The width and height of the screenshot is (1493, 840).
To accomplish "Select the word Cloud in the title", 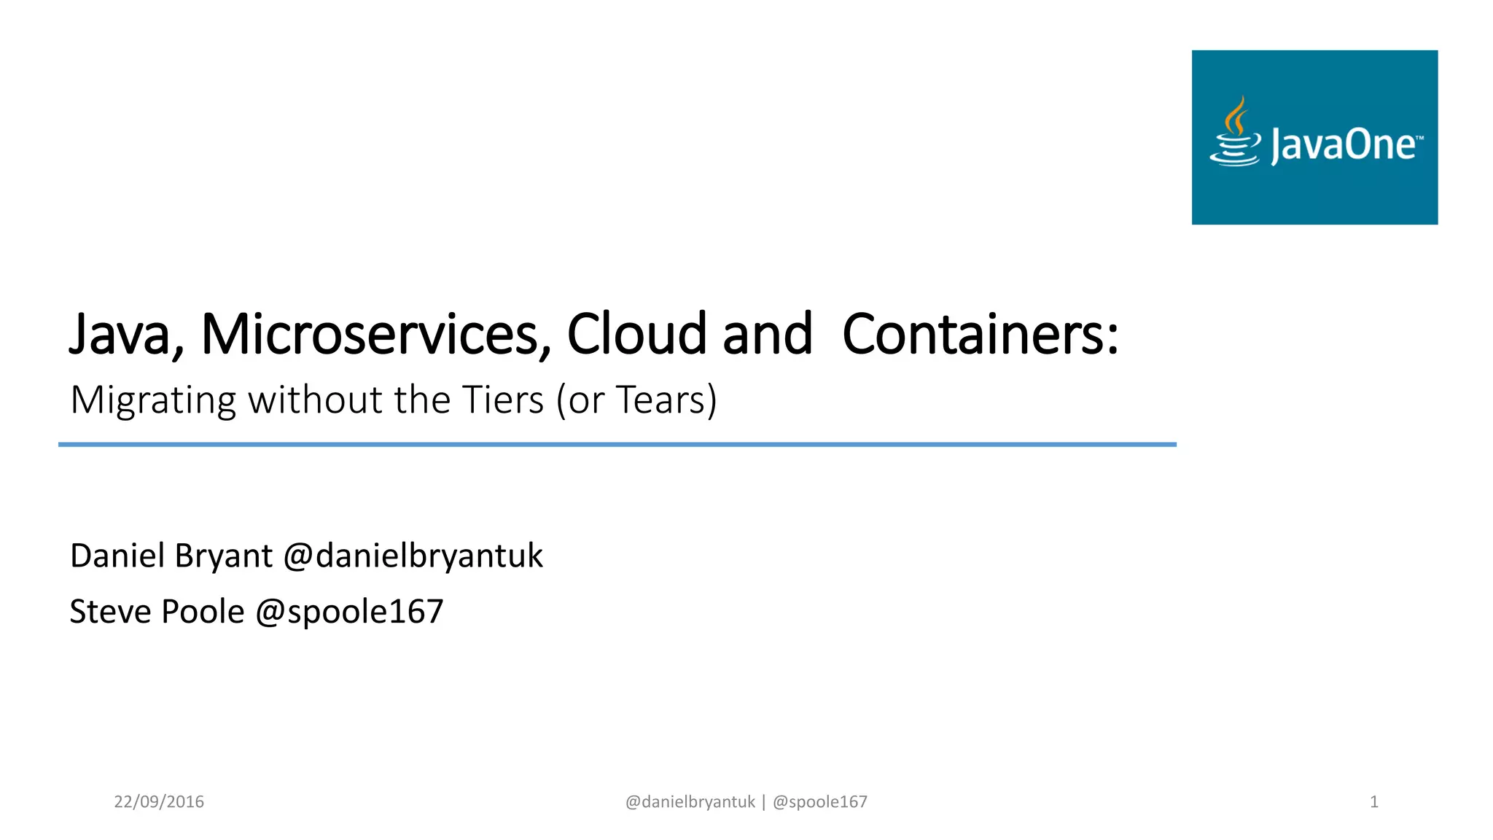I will pyautogui.click(x=636, y=335).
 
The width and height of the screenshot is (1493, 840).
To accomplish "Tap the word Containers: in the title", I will pyautogui.click(x=980, y=335).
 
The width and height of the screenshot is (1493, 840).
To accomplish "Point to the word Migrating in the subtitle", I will pyautogui.click(x=153, y=400).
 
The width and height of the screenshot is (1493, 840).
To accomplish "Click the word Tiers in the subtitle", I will pyautogui.click(x=503, y=400).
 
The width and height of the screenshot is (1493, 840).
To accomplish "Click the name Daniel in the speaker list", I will pyautogui.click(x=117, y=556).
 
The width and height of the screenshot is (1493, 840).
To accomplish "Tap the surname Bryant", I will pyautogui.click(x=223, y=556).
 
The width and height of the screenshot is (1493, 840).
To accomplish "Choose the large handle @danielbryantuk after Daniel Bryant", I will pyautogui.click(x=413, y=556).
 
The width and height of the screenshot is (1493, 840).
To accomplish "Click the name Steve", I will pyautogui.click(x=110, y=611).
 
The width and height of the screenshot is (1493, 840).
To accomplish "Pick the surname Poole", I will pyautogui.click(x=203, y=611).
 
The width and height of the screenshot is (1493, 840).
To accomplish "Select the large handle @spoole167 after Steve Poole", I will pyautogui.click(x=349, y=612).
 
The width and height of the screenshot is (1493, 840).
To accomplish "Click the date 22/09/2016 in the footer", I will pyautogui.click(x=159, y=802).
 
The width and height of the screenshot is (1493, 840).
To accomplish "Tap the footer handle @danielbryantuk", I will pyautogui.click(x=690, y=802).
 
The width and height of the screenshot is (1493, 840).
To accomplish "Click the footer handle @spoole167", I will pyautogui.click(x=819, y=802).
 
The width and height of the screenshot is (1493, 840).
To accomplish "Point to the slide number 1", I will pyautogui.click(x=1373, y=802).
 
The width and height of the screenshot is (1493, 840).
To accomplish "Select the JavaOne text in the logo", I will pyautogui.click(x=1344, y=144).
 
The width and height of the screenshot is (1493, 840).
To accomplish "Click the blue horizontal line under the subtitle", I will pyautogui.click(x=617, y=444).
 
